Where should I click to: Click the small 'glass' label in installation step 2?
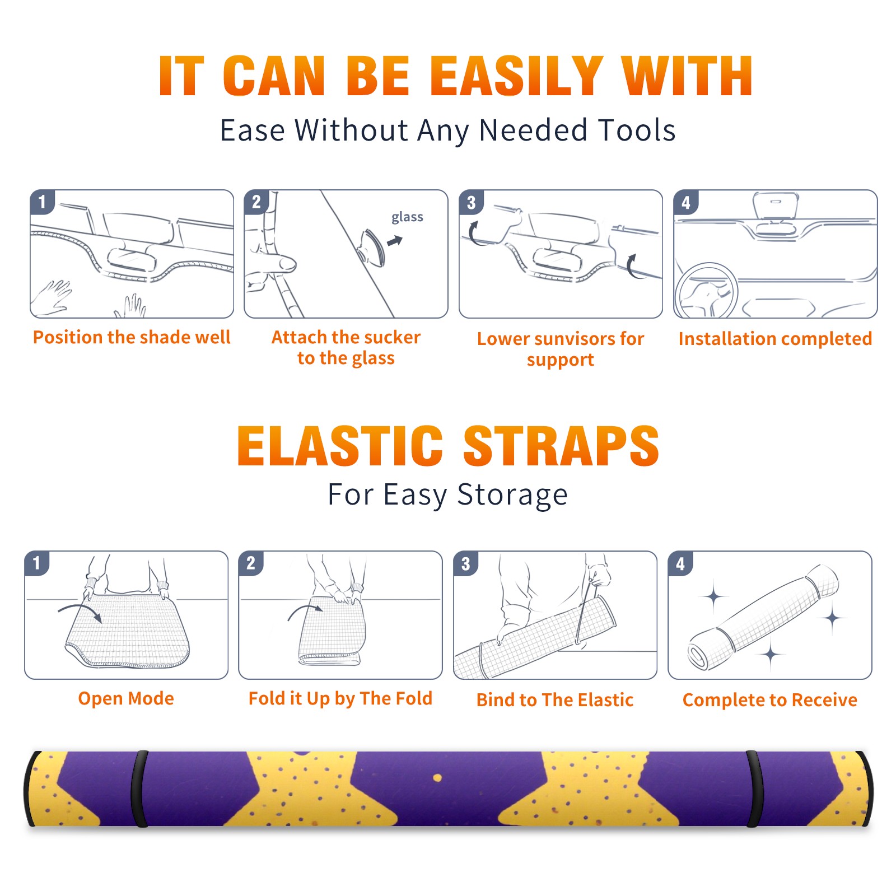click(407, 217)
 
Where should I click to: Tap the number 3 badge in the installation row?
click(471, 202)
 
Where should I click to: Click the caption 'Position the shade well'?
click(132, 337)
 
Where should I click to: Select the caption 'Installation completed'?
click(775, 339)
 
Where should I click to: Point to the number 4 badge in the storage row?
click(680, 563)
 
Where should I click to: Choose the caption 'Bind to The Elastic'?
click(555, 700)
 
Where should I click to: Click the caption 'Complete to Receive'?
click(770, 700)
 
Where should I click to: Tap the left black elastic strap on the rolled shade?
click(139, 789)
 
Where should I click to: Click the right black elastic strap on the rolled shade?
click(754, 789)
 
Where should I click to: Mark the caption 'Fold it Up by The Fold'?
click(340, 699)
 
